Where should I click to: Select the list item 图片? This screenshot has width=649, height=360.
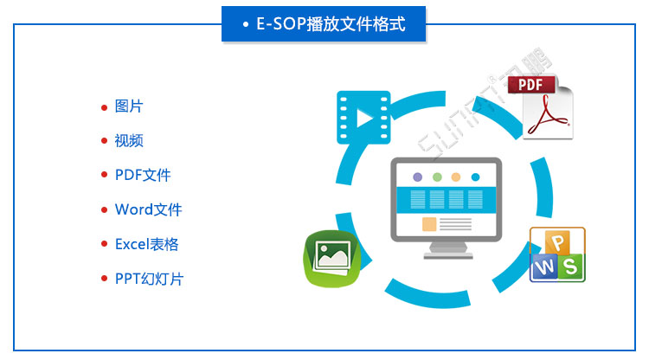[129, 106]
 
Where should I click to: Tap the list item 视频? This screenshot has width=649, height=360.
[129, 141]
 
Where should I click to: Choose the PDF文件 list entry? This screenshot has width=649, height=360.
[143, 175]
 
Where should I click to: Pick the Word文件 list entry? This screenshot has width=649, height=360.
[148, 209]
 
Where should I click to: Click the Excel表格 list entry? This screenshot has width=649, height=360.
[146, 244]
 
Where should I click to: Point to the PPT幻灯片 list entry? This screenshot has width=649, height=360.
[149, 279]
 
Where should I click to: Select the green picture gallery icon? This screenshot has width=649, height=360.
[331, 257]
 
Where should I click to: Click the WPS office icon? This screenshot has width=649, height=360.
[558, 254]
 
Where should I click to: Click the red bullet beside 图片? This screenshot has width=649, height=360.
[105, 107]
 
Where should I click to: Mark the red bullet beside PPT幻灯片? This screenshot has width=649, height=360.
[105, 280]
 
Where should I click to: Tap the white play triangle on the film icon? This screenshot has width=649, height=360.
[365, 117]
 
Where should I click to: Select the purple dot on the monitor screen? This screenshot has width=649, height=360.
[418, 177]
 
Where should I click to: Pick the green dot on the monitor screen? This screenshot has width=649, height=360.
[437, 177]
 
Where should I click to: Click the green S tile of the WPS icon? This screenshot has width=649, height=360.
[570, 267]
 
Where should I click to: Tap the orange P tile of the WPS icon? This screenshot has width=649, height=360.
[558, 241]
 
